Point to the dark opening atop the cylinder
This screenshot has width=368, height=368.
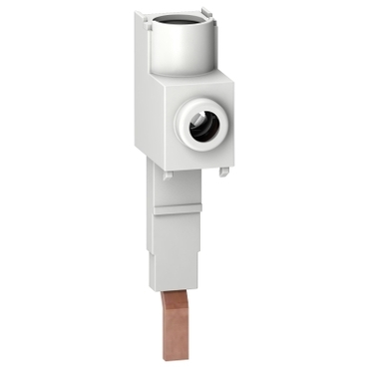185,19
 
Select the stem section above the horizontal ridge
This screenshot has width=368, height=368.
180,189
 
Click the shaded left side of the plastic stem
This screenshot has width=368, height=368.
155,239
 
